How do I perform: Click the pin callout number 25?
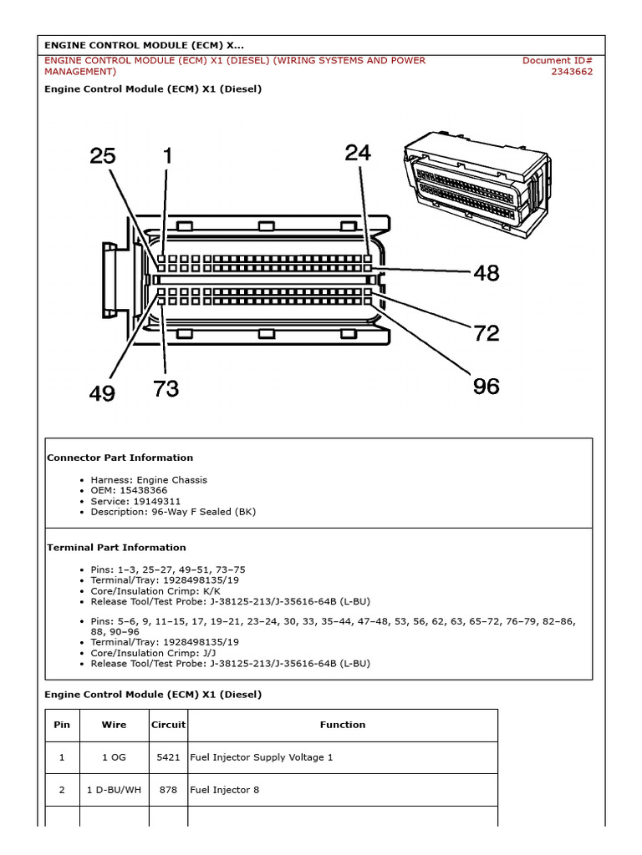[103, 157]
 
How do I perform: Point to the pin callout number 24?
[357, 153]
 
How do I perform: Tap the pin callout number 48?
[487, 273]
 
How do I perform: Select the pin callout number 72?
[486, 333]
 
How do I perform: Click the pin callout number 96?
[486, 386]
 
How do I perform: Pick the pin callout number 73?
[166, 389]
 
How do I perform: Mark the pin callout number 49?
[102, 393]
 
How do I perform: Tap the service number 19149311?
[147, 502]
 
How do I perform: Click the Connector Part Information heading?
[120, 458]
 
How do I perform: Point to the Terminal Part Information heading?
[116, 548]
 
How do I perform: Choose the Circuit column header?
[168, 725]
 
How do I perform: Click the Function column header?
[342, 725]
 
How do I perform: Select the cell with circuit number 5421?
[168, 757]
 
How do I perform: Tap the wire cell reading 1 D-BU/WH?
[114, 790]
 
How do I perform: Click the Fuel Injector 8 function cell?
[224, 790]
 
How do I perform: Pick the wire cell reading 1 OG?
[114, 757]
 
